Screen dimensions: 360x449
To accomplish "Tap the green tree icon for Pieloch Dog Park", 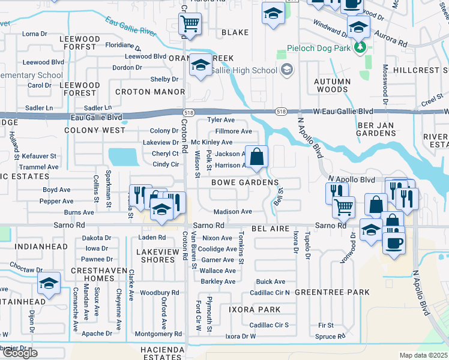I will point(360,47).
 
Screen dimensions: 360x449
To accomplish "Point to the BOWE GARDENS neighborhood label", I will point(244,182).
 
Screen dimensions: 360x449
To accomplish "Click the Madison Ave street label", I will point(233,212).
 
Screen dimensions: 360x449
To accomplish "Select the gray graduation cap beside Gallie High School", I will point(286,70).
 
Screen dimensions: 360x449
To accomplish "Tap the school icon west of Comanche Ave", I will point(49,283).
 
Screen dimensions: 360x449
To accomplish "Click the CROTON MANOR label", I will point(149,92).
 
